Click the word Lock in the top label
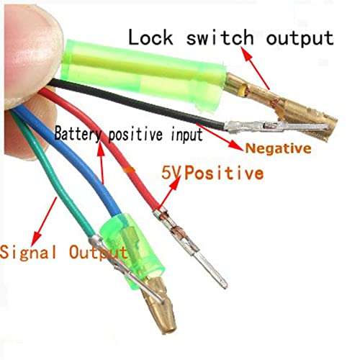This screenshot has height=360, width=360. click(x=150, y=37)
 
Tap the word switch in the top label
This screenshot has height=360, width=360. click(x=220, y=37)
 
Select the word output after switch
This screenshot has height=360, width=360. click(x=300, y=38)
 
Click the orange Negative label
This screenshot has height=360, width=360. click(x=278, y=148)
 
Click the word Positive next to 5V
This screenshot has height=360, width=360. click(x=224, y=173)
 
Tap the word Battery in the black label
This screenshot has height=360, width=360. click(x=77, y=134)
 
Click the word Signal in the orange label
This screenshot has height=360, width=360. click(x=29, y=253)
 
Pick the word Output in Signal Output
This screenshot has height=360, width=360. click(x=98, y=253)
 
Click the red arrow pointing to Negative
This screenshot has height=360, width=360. click(x=218, y=137)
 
